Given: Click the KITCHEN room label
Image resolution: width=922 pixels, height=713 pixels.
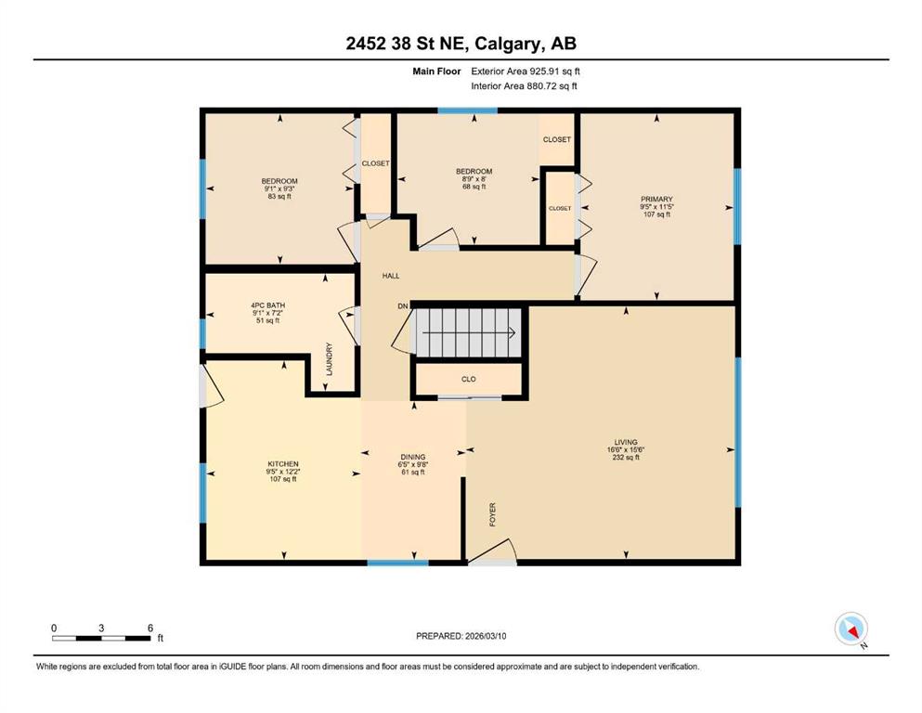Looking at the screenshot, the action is [x=283, y=464].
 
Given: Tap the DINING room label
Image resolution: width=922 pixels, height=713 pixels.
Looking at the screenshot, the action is [x=413, y=457].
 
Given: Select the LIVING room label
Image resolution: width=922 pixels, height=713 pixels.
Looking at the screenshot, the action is [x=626, y=442].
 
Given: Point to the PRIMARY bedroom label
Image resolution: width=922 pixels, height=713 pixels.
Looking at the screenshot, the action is [x=656, y=200].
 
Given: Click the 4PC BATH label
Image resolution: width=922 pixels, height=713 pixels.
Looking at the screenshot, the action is [x=267, y=305].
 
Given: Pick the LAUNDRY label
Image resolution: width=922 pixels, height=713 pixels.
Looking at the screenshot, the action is [x=330, y=359].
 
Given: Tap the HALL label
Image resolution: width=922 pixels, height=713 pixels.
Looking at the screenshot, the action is [x=391, y=276].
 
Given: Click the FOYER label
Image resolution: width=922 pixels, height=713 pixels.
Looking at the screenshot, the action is [x=493, y=514].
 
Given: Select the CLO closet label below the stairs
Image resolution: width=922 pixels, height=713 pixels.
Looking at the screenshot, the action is [x=469, y=379].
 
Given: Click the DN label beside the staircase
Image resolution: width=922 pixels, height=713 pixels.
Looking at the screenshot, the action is [x=403, y=306].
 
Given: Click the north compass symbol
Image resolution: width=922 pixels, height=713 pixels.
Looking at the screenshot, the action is [x=851, y=629].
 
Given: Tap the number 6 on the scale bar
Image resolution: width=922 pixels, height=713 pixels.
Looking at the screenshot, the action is [x=149, y=628].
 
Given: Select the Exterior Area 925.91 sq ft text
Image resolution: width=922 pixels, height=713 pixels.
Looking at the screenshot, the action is [x=526, y=71].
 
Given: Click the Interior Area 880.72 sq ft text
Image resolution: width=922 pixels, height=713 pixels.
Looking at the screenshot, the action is [x=524, y=85].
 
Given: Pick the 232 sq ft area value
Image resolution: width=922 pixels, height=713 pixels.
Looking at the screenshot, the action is [x=626, y=458].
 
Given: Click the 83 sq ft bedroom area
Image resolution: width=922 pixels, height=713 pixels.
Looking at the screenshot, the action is [x=279, y=196].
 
